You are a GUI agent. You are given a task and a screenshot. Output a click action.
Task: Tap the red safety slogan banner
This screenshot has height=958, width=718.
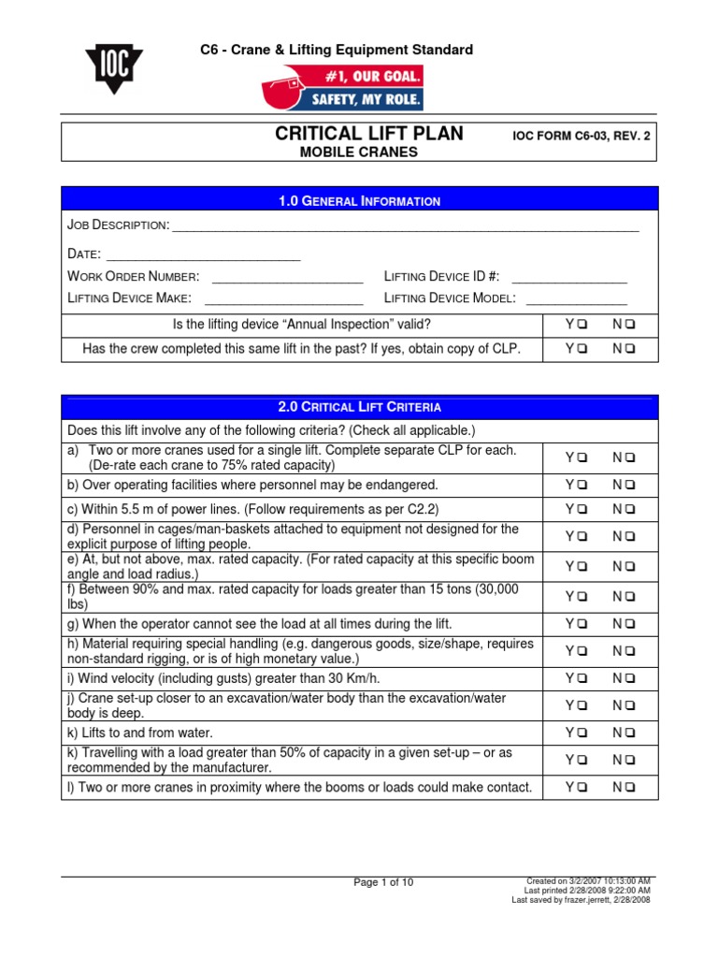(x=342, y=88)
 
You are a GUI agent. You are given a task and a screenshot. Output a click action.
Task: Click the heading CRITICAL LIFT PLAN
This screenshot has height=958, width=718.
(x=369, y=134)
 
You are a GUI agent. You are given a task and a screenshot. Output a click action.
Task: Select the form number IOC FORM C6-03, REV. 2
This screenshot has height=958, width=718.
(x=581, y=136)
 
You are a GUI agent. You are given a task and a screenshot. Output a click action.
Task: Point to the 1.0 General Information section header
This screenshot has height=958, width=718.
(x=359, y=201)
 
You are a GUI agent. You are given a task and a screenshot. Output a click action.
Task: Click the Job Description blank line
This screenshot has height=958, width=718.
(x=406, y=227)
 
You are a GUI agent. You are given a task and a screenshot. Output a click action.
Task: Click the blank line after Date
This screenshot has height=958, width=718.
(x=203, y=254)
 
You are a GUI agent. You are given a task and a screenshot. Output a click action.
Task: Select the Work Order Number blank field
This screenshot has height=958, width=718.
(x=287, y=277)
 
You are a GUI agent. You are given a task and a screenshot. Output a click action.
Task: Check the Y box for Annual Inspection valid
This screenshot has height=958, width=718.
(x=582, y=325)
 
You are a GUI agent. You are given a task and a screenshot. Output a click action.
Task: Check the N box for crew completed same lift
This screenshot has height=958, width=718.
(x=630, y=349)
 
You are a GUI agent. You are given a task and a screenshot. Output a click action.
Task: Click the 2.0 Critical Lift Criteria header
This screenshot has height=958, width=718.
(x=359, y=407)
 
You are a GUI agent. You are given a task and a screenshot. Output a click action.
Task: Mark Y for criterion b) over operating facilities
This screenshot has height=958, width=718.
(x=582, y=485)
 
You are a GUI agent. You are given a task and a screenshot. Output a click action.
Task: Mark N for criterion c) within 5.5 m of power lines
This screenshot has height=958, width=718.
(x=630, y=509)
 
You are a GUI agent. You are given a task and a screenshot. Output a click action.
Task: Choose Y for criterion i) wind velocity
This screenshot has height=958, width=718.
(x=582, y=678)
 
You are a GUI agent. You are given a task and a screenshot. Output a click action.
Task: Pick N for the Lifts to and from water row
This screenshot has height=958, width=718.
(x=630, y=733)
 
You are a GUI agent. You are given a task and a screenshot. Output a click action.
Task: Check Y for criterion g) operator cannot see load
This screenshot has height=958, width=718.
(x=582, y=623)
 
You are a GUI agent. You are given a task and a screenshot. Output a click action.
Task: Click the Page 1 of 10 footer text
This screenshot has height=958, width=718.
(x=383, y=882)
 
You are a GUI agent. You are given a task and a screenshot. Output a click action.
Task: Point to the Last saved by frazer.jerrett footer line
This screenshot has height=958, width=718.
(x=582, y=900)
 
